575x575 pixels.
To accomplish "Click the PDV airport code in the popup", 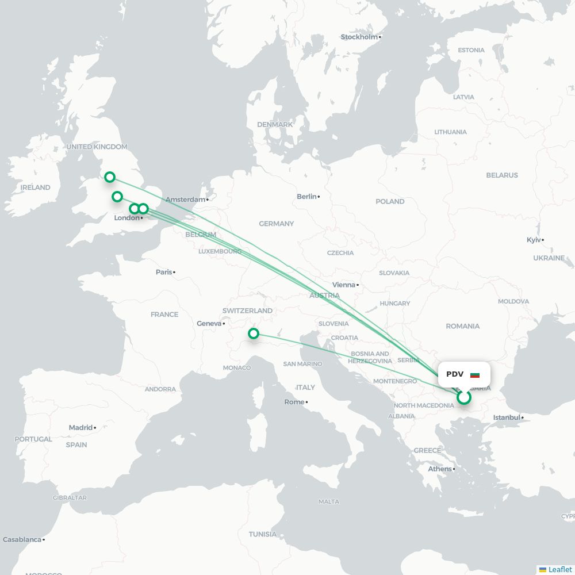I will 455,374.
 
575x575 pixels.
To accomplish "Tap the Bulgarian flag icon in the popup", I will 475,375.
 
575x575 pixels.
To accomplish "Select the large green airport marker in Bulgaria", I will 464,397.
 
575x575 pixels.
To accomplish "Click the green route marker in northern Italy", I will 253,333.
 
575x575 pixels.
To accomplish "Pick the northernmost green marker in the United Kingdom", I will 109,177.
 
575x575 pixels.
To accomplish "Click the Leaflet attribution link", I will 559,569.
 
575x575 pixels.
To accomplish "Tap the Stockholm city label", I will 359,37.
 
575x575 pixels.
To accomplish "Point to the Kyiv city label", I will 534,240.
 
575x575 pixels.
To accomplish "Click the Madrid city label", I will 80,427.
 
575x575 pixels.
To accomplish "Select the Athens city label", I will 439,469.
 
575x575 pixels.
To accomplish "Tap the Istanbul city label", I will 507,417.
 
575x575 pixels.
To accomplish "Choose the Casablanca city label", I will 22,539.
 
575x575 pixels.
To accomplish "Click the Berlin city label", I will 306,197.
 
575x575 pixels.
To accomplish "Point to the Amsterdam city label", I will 185,200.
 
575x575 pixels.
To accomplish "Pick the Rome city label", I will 294,402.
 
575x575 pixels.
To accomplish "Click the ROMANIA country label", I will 462,326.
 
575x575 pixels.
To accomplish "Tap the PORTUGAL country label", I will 33,439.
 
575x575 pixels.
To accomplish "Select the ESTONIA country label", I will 471,50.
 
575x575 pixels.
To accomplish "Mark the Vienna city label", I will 343,285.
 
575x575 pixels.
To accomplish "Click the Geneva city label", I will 209,324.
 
